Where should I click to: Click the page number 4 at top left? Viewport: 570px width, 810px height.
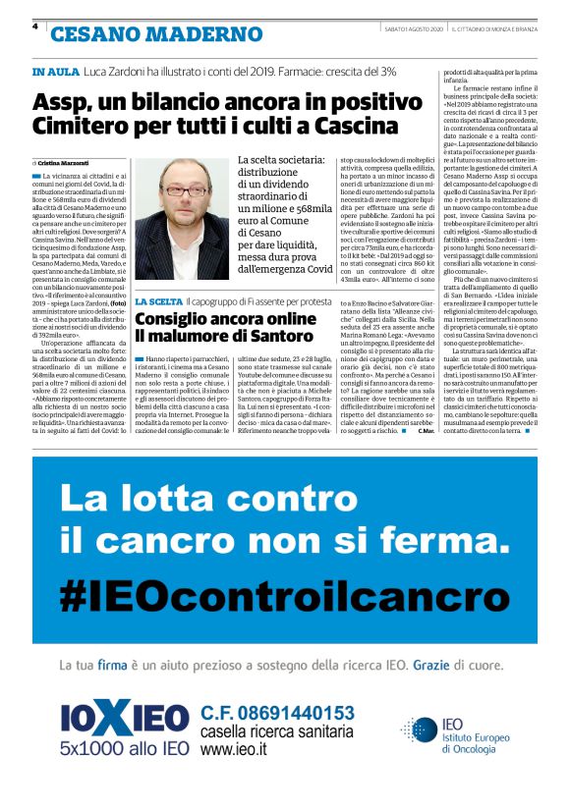tap(35, 27)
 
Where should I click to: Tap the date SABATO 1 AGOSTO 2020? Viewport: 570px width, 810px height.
tap(413, 28)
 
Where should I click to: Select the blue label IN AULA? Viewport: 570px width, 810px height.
tap(53, 72)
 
